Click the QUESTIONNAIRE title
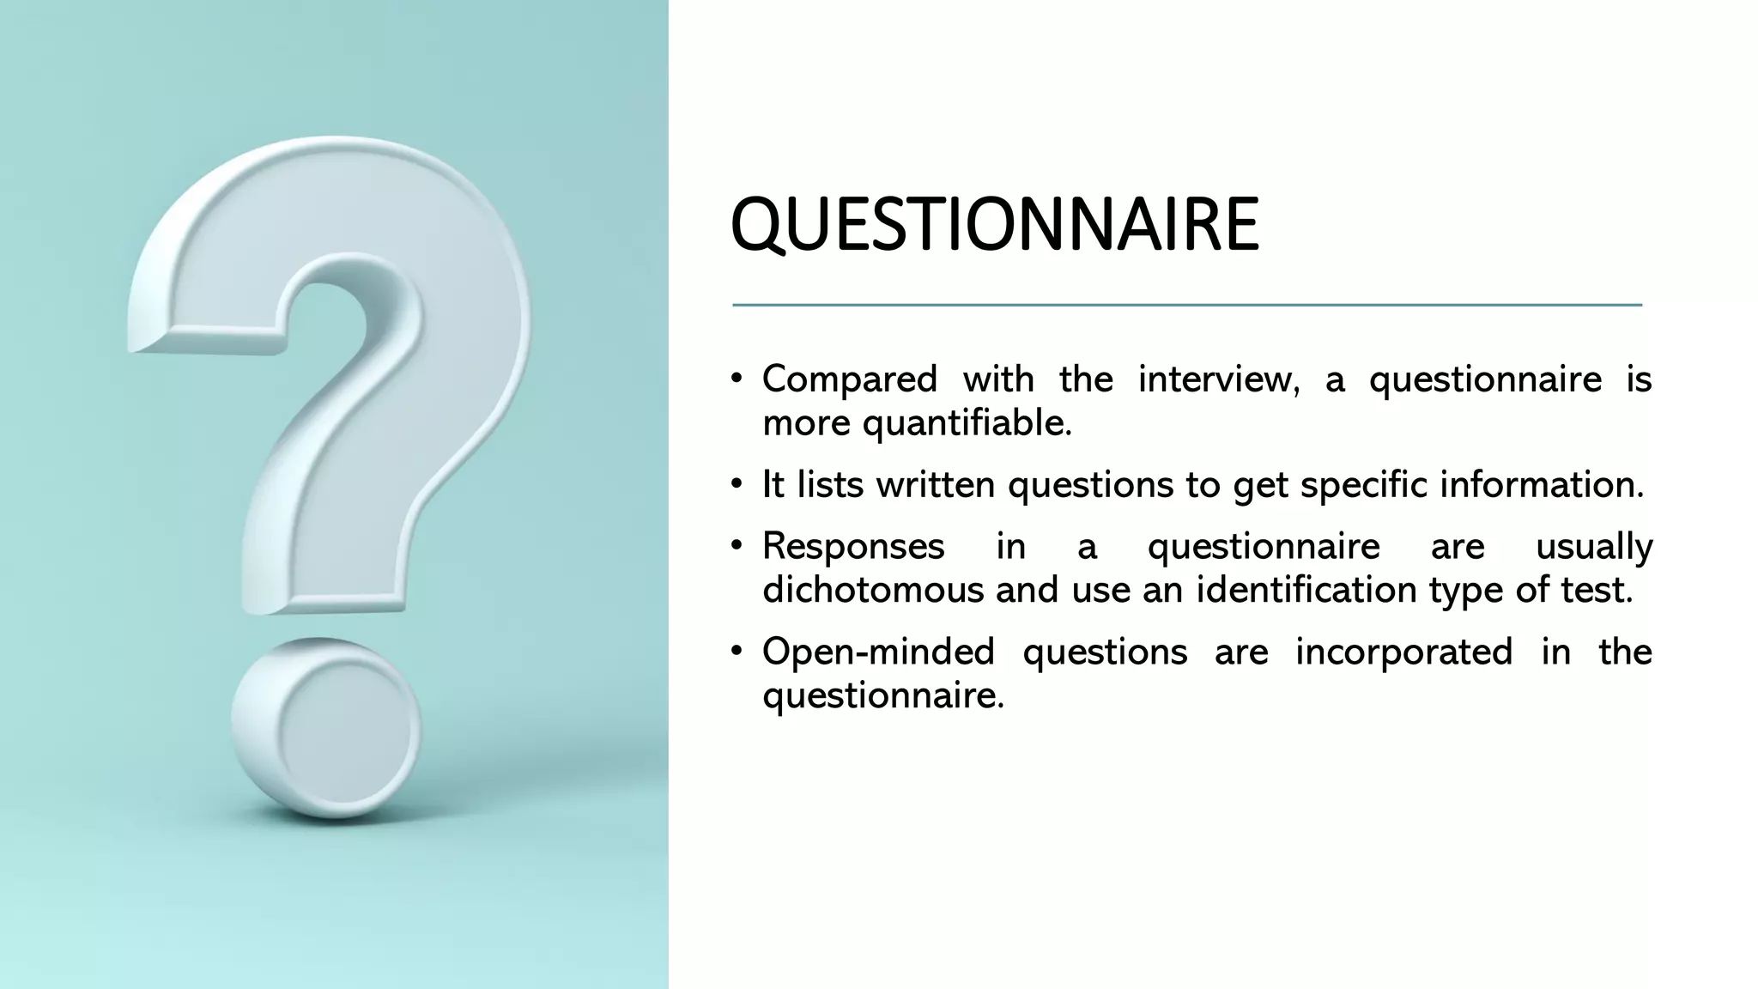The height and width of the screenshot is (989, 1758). [994, 225]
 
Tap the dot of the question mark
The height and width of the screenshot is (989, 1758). [327, 728]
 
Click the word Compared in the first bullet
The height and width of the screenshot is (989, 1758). [849, 379]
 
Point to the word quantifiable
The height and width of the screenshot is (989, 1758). [967, 423]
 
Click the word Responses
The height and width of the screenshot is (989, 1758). [853, 547]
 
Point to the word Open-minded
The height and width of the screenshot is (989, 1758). [878, 652]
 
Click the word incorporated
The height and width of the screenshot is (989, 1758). [1403, 652]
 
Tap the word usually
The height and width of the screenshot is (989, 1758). [1593, 547]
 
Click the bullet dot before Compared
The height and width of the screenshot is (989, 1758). [737, 379]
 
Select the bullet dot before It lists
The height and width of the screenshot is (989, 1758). [737, 485]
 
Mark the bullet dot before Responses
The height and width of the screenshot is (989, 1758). [737, 547]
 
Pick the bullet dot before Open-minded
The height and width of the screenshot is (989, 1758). [737, 652]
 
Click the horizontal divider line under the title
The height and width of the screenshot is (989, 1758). [1186, 305]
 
